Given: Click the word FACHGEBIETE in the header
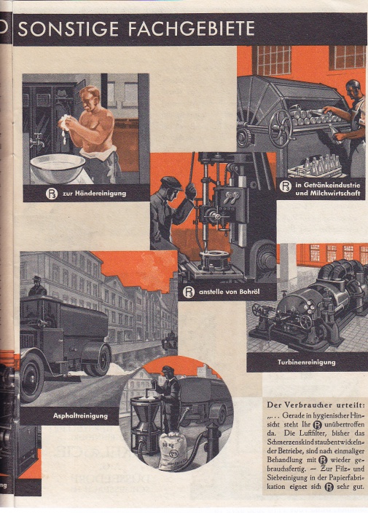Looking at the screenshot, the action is [192, 29].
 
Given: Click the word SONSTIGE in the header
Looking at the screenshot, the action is [68, 29].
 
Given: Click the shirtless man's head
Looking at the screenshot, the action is [90, 98].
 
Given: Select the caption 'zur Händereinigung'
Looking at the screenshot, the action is [95, 193].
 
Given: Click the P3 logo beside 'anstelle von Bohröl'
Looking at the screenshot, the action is [189, 291].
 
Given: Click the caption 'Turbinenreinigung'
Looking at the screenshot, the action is [306, 362].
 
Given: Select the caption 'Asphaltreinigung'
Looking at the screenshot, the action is [80, 415].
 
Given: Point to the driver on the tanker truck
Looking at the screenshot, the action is [37, 287].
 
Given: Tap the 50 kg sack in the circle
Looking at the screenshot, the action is [172, 450].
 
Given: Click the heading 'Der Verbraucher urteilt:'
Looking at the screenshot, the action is [316, 405].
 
